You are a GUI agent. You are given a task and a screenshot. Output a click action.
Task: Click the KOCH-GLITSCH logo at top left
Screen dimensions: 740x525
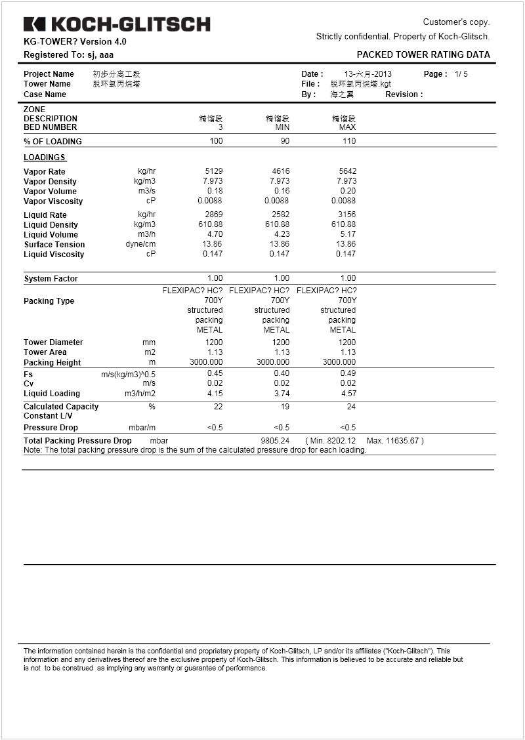(117, 25)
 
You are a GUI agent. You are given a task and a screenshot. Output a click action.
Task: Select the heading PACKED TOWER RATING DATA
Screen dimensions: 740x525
(423, 55)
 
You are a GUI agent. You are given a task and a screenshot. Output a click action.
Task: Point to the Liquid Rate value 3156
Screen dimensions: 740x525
(346, 215)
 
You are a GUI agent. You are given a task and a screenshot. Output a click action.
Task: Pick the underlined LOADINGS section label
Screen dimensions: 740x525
(45, 157)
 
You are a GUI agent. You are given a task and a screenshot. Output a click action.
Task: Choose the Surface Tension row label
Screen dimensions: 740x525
(54, 245)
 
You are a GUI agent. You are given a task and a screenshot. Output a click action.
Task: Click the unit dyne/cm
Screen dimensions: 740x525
(140, 244)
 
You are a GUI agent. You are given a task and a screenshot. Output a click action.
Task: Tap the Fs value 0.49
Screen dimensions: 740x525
(347, 373)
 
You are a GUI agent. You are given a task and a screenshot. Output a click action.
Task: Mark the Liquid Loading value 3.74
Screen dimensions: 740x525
(281, 394)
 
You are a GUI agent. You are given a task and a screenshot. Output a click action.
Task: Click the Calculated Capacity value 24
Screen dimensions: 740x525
(350, 407)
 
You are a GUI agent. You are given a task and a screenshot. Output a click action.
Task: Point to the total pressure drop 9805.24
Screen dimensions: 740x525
(275, 441)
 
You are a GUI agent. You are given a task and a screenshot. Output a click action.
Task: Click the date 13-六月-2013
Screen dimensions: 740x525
(367, 74)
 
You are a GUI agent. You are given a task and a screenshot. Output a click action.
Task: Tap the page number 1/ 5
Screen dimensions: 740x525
(461, 74)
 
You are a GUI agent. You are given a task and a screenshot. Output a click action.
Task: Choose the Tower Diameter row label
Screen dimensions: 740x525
(53, 342)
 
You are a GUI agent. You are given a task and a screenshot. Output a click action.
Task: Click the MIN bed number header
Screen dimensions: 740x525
(282, 127)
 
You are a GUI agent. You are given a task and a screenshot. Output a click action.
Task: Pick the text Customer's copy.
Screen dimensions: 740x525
(456, 22)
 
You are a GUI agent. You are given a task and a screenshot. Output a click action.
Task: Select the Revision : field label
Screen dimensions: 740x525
(404, 94)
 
